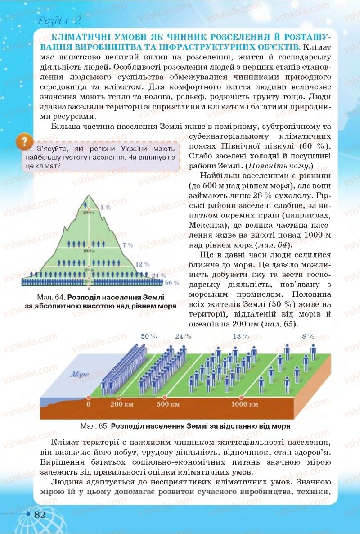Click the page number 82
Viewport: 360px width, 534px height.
(40, 515)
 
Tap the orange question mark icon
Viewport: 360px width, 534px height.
(22, 142)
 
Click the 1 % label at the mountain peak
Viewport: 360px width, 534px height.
(105, 208)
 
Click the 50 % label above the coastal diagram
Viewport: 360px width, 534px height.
(148, 336)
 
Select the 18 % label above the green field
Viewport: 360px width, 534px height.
(241, 336)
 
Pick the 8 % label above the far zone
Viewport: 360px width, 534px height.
(308, 336)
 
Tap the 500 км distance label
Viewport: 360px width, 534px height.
(168, 404)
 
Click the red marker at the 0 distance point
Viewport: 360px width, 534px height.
(88, 398)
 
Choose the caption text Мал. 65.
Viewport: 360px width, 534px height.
(94, 425)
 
